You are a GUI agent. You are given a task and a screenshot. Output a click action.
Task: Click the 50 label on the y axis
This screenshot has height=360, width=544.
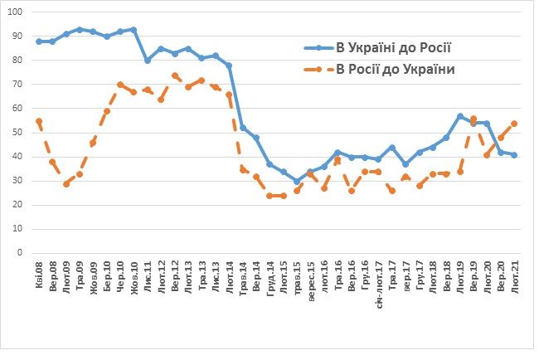(19, 133)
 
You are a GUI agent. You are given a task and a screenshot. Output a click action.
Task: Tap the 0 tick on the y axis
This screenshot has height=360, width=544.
(22, 253)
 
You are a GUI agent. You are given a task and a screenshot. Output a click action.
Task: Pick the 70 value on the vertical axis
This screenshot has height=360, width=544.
(19, 85)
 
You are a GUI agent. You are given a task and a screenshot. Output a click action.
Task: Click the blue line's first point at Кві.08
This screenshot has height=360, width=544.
(39, 41)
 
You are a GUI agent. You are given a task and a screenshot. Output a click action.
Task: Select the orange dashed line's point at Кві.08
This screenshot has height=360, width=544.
(39, 121)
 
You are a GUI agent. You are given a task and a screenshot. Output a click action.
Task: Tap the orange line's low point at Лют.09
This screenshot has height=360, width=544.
(66, 183)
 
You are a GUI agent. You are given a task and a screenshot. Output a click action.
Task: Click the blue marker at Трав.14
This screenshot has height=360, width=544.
(242, 128)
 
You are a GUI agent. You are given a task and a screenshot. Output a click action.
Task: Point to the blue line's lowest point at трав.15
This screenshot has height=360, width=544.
(297, 181)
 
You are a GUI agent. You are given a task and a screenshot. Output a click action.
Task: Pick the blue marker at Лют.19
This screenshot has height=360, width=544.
(460, 116)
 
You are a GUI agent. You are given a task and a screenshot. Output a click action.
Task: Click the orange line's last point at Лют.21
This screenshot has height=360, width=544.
(514, 123)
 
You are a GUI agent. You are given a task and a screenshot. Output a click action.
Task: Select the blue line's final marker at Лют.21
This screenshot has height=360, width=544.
(514, 155)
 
